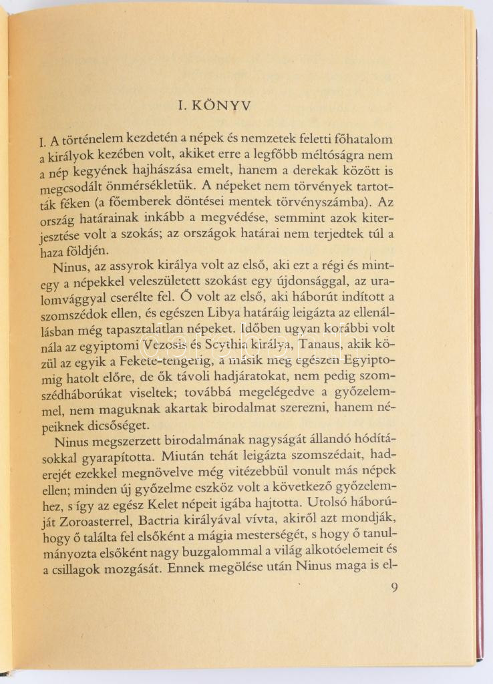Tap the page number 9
(393, 588)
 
